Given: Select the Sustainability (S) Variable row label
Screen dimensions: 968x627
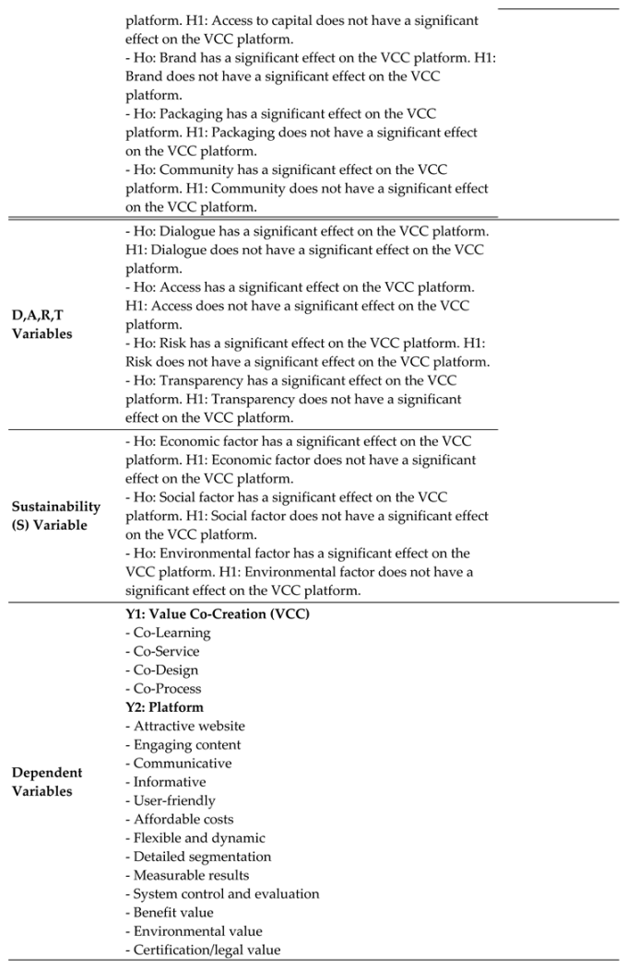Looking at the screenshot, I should point(55,516).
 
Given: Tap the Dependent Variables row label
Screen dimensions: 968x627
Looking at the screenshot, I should point(46,782).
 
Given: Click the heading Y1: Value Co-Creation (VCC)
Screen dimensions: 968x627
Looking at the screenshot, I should point(218,614).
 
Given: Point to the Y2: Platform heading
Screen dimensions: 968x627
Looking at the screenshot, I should point(165,707).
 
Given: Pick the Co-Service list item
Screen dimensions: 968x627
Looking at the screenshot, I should point(166,651).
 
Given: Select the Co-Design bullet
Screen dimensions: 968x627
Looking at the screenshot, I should point(165,670).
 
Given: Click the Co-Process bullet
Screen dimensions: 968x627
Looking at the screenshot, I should point(167,688).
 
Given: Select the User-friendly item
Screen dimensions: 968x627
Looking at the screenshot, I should point(174,800).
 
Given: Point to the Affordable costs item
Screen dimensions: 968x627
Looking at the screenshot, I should point(183,819).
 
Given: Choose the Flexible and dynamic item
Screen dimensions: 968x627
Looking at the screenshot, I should point(199,837).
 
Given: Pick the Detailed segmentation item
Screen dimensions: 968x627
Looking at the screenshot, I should point(203,857).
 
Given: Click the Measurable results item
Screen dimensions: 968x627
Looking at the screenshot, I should point(191,875).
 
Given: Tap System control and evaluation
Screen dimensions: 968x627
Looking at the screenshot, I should point(226,893).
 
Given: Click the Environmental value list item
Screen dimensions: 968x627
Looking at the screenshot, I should point(197,931).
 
